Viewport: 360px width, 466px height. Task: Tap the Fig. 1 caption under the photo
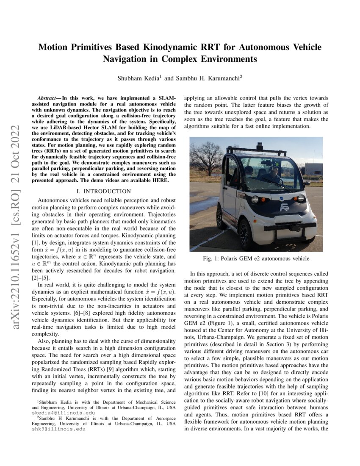point(256,258)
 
